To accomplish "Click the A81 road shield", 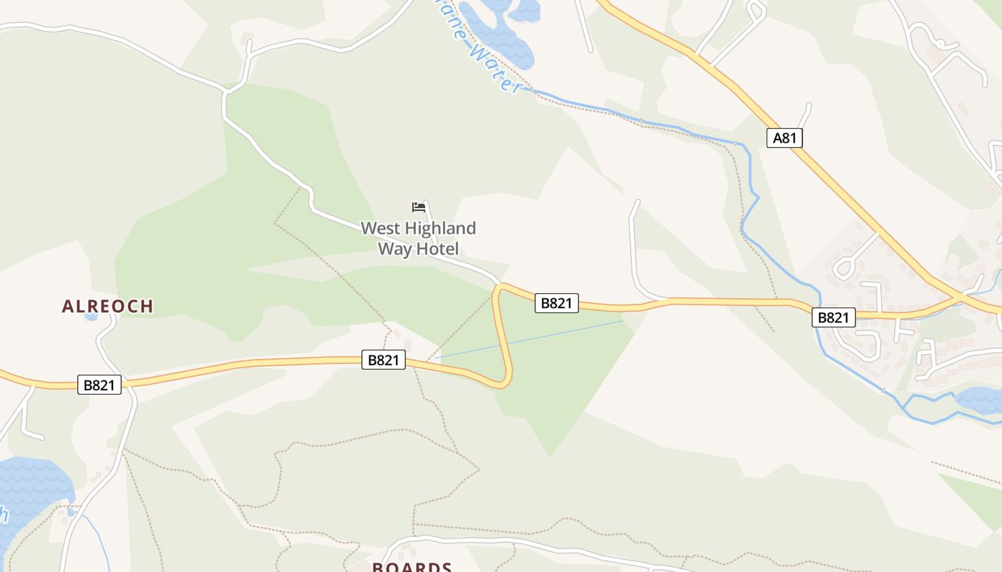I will tap(784, 138).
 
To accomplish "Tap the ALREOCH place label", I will tap(107, 306).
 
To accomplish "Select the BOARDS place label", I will tap(412, 566).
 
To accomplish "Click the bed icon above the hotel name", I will tap(419, 207).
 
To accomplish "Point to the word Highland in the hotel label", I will tap(438, 229).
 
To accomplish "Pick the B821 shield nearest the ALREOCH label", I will tap(99, 385).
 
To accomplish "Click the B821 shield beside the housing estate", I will tap(833, 317).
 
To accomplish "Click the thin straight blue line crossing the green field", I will tap(530, 339).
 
